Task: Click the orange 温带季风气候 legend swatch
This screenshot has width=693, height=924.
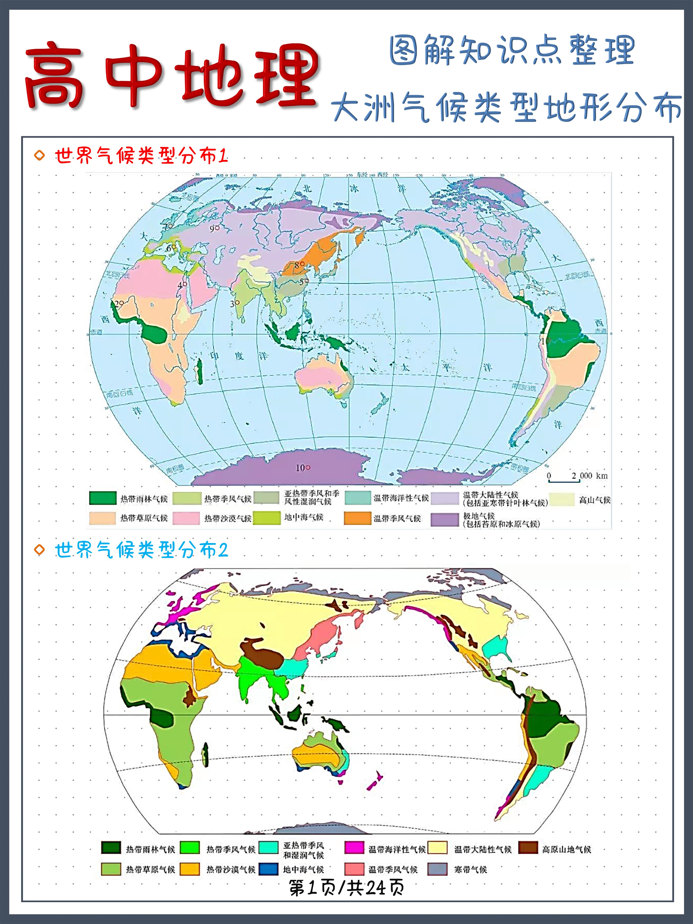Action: pos(357,518)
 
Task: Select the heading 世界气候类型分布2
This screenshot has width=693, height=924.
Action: pos(141,550)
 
